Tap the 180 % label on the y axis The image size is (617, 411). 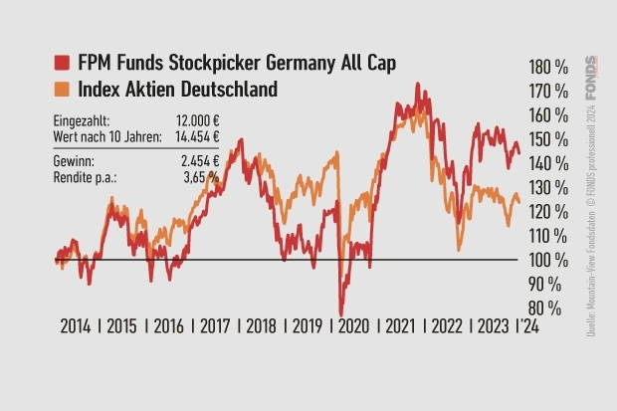tap(547, 68)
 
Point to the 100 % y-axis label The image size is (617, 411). tap(547, 260)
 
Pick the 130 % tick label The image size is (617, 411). tap(547, 188)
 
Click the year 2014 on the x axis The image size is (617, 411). tap(75, 325)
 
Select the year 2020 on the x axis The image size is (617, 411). tap(355, 325)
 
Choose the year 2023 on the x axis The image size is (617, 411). tap(495, 325)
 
